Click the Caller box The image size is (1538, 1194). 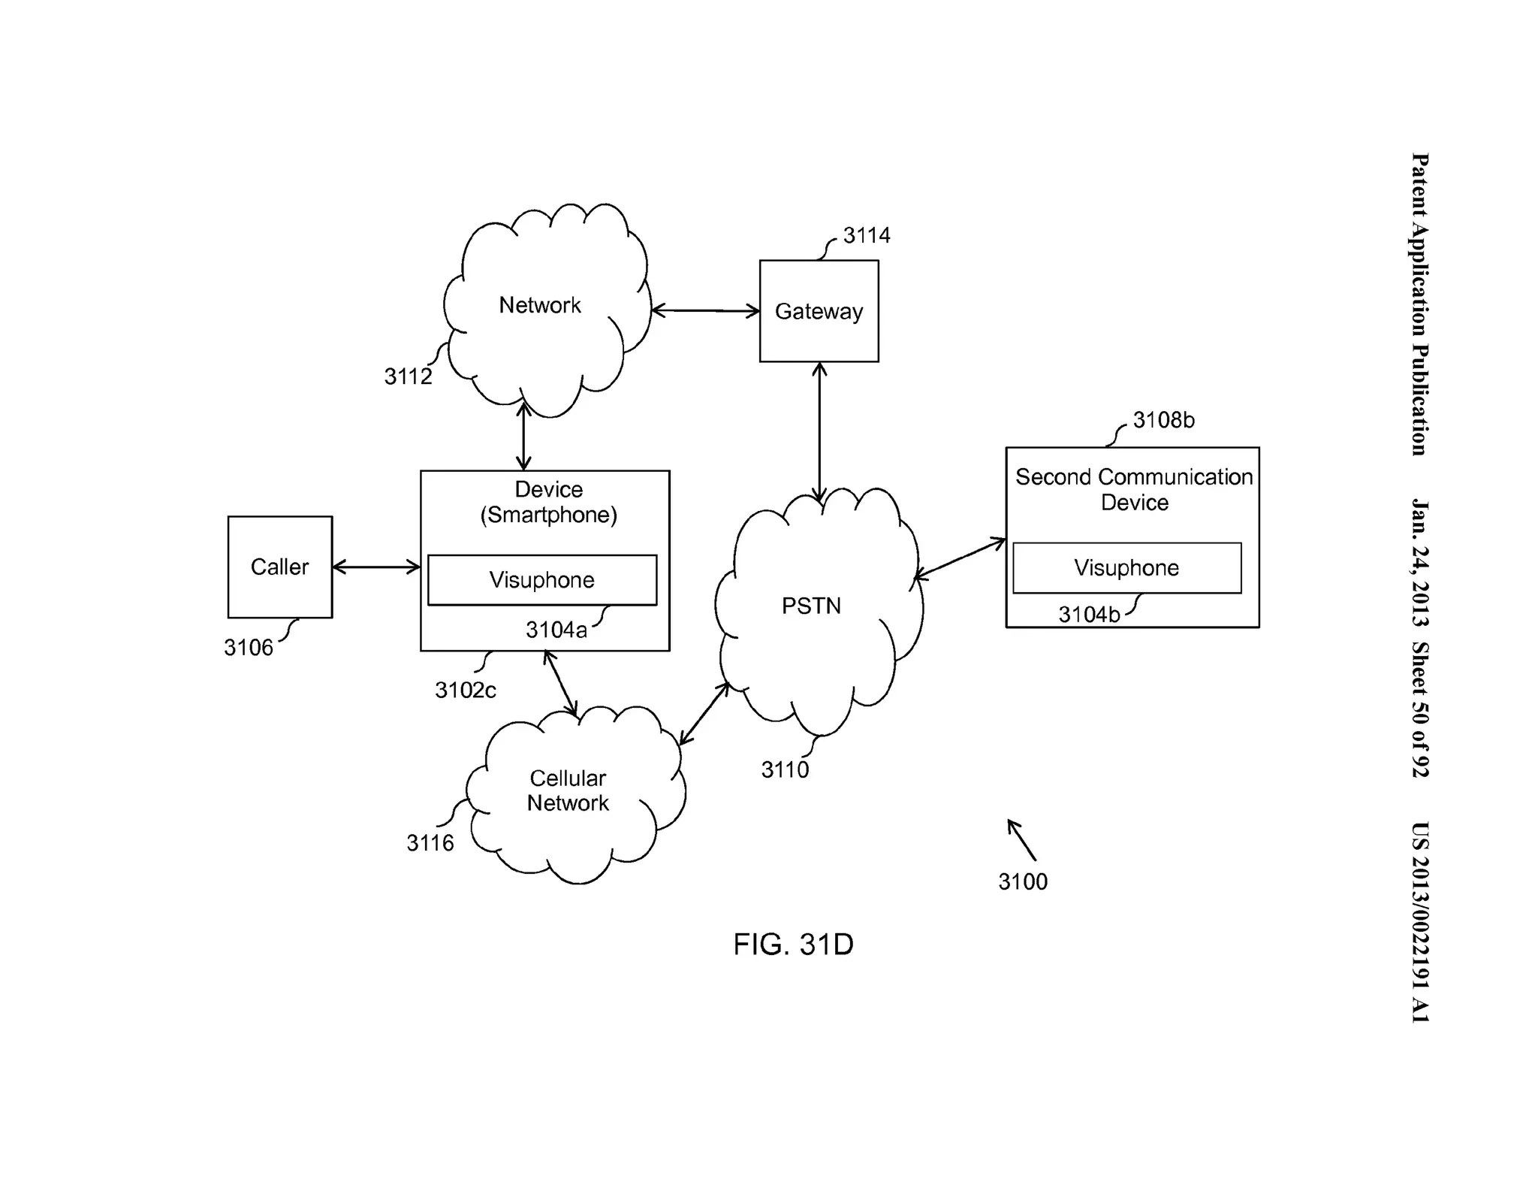coord(279,567)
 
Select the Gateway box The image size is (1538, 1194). coord(819,311)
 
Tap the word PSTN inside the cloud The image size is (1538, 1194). coord(811,606)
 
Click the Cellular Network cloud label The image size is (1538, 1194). coord(568,790)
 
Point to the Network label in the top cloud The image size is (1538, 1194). coord(539,305)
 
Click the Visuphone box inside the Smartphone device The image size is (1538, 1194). coord(541,579)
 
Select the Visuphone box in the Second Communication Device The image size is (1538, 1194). coord(1126,567)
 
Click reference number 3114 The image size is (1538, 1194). coord(866,235)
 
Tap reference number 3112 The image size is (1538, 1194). coord(408,376)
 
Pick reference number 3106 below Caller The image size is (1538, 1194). coord(249,647)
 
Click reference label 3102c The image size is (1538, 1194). coord(465,690)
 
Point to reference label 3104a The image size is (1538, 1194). coord(556,630)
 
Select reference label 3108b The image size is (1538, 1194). coord(1163,420)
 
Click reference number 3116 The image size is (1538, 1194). coord(430,843)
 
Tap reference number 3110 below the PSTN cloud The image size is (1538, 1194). coord(785,769)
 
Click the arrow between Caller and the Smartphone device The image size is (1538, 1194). coord(376,567)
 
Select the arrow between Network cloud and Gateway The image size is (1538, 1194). coord(705,310)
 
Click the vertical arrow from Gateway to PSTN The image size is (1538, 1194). coord(819,432)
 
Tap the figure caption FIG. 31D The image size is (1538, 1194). coord(793,945)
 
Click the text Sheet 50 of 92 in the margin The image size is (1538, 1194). coord(1419,709)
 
